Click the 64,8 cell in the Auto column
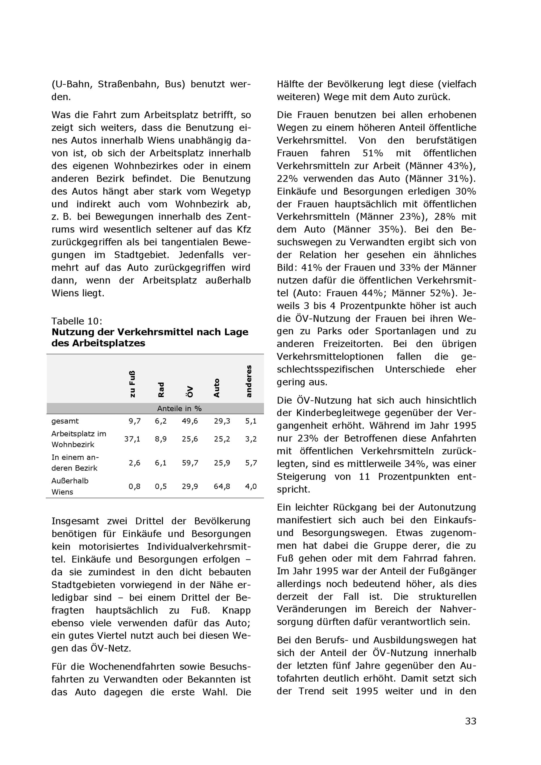[222, 486]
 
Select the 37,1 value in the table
[132, 439]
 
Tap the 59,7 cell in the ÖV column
[190, 463]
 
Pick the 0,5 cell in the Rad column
[161, 486]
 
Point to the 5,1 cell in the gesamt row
[251, 421]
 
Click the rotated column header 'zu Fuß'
[132, 384]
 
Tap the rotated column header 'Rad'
[161, 390]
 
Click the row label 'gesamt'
[65, 421]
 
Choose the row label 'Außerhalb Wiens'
[70, 486]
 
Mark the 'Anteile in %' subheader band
[179, 408]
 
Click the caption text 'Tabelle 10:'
[77, 321]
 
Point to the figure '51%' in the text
[373, 153]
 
